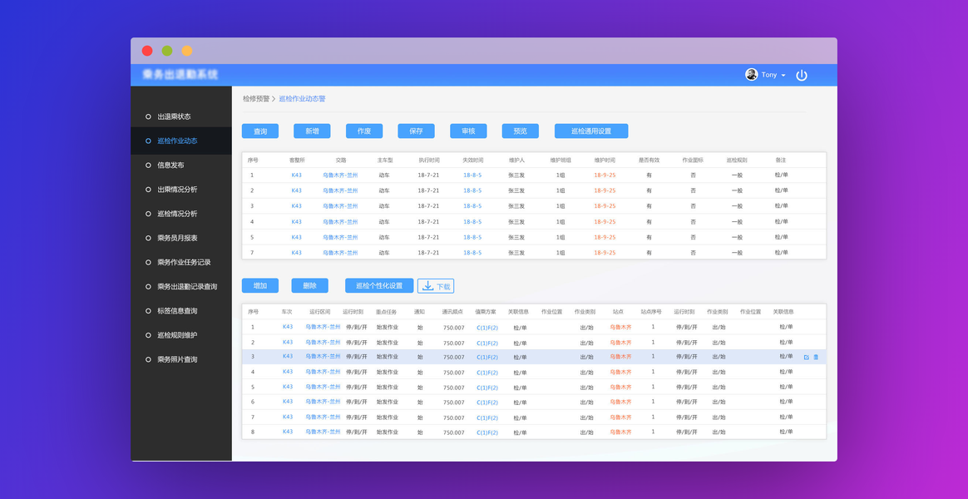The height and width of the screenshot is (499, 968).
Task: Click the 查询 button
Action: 260,131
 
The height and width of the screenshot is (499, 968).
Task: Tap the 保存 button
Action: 416,131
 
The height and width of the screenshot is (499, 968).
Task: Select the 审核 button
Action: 468,131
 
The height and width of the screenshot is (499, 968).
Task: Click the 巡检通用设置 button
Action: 590,131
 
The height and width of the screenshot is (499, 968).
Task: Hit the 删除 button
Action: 309,286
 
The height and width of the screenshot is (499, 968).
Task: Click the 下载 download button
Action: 436,286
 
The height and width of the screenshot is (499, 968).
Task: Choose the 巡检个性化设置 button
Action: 378,286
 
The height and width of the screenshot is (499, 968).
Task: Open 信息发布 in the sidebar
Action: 170,166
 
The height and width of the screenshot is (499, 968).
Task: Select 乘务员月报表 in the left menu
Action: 177,238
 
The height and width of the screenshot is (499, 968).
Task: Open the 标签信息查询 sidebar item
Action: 177,311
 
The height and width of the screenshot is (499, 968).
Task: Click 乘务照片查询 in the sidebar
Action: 177,359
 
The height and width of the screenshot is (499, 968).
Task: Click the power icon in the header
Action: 802,75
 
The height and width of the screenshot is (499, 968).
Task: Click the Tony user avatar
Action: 752,75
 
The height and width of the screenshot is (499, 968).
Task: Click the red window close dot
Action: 147,51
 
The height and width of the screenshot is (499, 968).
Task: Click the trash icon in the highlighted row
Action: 816,357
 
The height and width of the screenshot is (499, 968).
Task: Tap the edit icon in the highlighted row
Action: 806,357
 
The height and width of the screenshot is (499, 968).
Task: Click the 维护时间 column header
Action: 605,160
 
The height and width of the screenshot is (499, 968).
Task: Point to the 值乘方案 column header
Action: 486,312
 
